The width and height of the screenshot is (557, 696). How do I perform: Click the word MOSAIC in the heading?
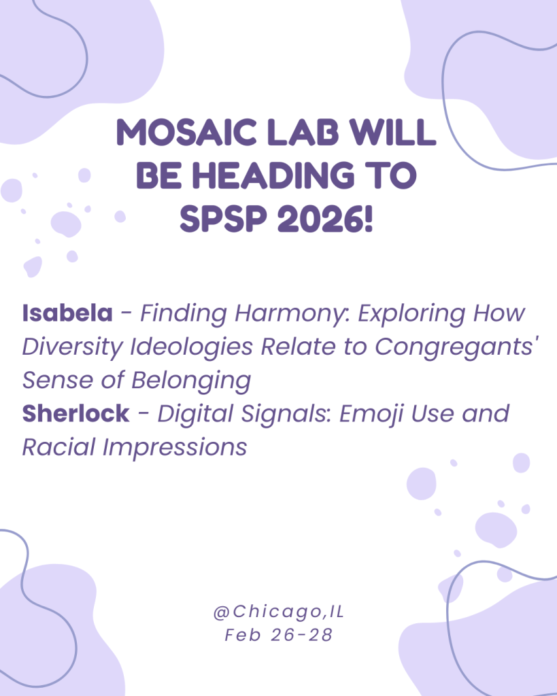pyautogui.click(x=186, y=133)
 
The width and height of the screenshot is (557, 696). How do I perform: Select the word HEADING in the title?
pyautogui.click(x=273, y=175)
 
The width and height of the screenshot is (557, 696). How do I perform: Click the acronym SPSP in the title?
pyautogui.click(x=224, y=219)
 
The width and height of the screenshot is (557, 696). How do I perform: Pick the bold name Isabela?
pyautogui.click(x=67, y=313)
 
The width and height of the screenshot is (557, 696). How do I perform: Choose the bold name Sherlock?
pyautogui.click(x=76, y=414)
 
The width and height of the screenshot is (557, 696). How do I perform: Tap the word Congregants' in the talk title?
pyautogui.click(x=457, y=347)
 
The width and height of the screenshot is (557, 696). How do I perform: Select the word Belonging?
pyautogui.click(x=191, y=381)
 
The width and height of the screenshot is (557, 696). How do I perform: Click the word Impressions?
pyautogui.click(x=175, y=447)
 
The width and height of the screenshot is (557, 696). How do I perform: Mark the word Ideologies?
pyautogui.click(x=191, y=347)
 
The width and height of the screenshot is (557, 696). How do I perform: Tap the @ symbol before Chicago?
pyautogui.click(x=222, y=612)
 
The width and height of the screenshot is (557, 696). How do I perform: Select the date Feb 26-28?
pyautogui.click(x=279, y=636)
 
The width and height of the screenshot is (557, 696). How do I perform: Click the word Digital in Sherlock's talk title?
pyautogui.click(x=195, y=414)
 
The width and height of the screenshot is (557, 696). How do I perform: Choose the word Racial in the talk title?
pyautogui.click(x=59, y=447)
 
